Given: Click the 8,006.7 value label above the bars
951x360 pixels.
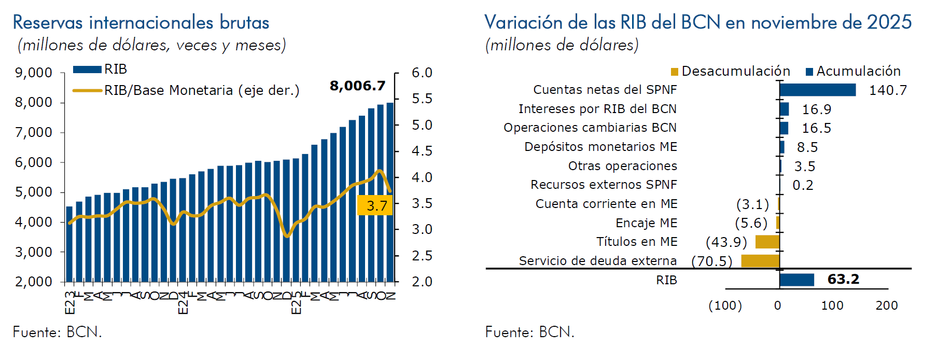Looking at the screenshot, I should pos(357,86).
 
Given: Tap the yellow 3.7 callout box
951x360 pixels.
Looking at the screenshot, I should pos(375,205).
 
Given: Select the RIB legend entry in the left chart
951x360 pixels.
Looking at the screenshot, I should pos(100,69).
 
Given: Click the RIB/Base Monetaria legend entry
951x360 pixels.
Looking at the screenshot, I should pos(187,90).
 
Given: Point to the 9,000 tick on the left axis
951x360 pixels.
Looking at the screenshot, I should pos(34,73).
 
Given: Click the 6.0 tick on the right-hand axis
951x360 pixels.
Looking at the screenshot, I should pos(422,73).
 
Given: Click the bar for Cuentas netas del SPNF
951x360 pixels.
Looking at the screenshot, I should pos(817,90).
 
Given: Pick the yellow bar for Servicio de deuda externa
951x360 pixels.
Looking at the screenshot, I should pos(760,261).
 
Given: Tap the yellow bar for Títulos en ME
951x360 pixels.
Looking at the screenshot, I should pos(767,242).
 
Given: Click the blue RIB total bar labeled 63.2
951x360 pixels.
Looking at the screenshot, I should pos(796,280).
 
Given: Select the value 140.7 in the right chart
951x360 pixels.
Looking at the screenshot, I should pos(888,90).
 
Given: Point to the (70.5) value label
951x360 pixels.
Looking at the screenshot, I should pos(711,261).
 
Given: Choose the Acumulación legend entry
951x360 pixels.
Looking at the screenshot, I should pos(854,71).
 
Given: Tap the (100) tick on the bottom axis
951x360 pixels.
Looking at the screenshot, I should pos(725,306).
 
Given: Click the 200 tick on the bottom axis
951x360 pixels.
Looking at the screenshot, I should pos(887,306).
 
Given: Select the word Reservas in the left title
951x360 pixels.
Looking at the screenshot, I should pos(48,23).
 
